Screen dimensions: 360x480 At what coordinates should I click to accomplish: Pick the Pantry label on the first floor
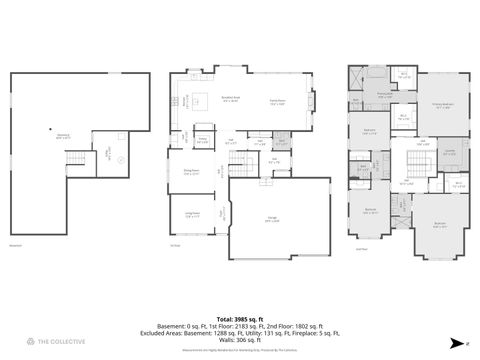click(202, 140)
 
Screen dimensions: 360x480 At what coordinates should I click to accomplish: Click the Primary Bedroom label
click(442, 105)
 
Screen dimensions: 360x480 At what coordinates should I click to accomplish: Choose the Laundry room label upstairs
click(450, 152)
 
